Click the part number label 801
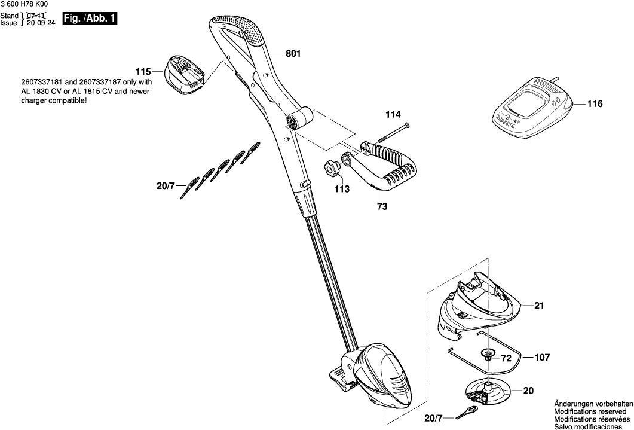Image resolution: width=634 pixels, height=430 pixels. [x=293, y=53]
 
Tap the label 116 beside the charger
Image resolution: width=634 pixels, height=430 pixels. [x=595, y=104]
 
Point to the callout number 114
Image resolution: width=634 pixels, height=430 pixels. [x=393, y=114]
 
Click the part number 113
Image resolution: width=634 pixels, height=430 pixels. [x=341, y=188]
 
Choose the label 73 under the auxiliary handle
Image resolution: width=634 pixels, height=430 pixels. [x=382, y=207]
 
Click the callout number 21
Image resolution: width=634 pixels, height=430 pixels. [x=540, y=306]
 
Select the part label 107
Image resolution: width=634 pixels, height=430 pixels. [x=541, y=358]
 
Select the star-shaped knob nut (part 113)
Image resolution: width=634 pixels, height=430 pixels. [x=332, y=169]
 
